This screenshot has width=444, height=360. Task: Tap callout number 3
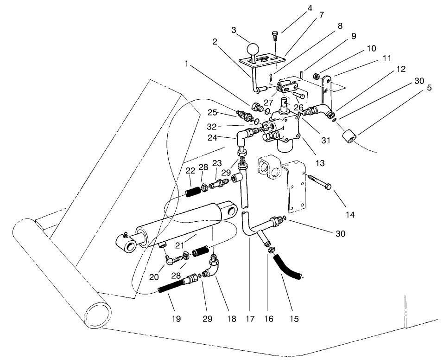coord(234,30)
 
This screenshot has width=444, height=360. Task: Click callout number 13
coord(319,163)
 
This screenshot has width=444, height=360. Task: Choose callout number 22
coord(190,171)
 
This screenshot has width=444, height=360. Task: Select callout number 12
coord(401,69)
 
